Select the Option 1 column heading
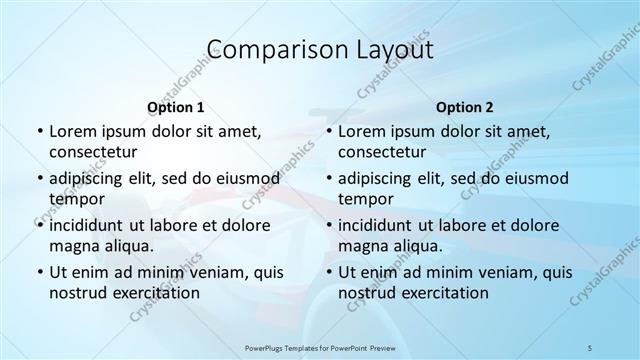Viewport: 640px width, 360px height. (x=176, y=107)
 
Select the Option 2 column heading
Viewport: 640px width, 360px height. (x=465, y=107)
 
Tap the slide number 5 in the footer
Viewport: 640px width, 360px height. (x=591, y=346)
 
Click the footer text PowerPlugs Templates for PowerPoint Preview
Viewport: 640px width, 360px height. (x=319, y=346)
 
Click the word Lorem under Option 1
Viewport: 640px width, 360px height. (x=72, y=131)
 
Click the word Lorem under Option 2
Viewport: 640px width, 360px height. (x=361, y=131)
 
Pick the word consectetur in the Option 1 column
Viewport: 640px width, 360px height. (x=95, y=153)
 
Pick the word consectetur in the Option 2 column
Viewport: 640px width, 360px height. (x=384, y=153)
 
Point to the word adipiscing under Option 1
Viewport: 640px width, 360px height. (x=89, y=178)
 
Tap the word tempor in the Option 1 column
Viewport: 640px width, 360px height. (x=72, y=199)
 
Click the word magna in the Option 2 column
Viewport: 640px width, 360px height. (x=361, y=246)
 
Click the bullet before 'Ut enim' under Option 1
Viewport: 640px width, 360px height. (x=38, y=272)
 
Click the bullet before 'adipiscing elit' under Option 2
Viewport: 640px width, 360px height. (x=327, y=178)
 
